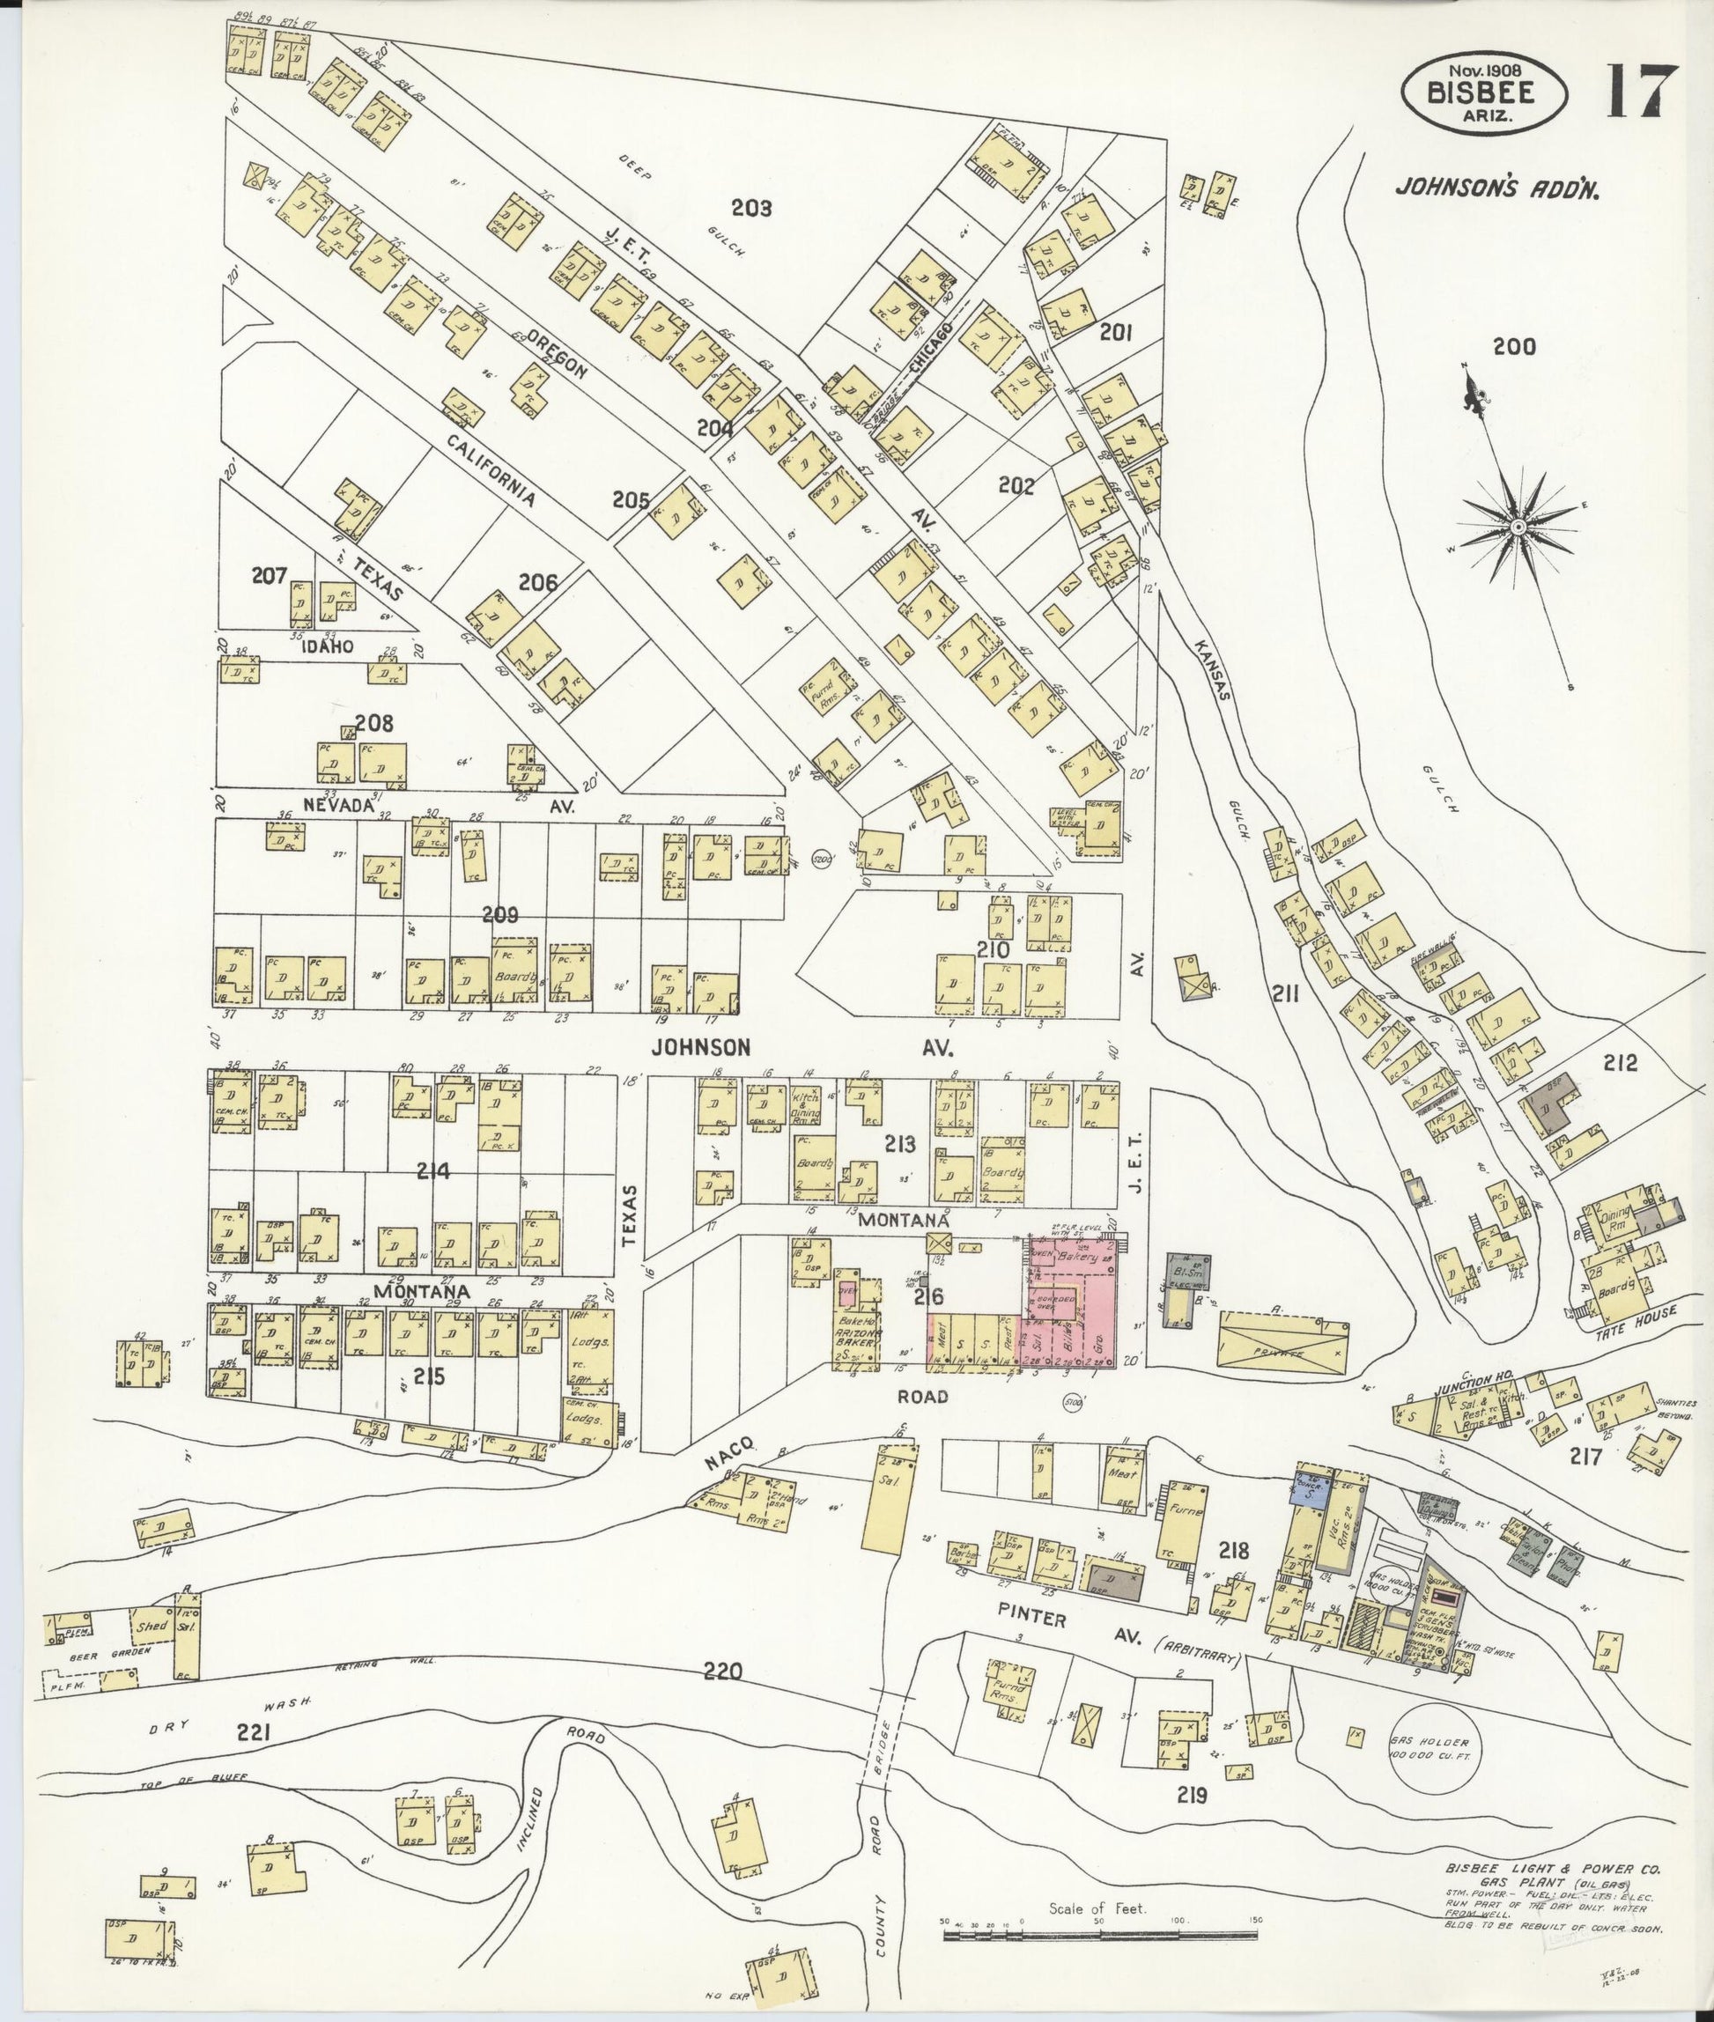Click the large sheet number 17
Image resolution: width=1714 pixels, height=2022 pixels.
pyautogui.click(x=1642, y=92)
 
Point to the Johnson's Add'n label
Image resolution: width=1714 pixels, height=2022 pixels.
pyautogui.click(x=1496, y=187)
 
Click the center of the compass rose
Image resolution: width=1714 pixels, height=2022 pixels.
pyautogui.click(x=1516, y=527)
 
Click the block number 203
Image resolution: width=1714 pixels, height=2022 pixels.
pyautogui.click(x=751, y=207)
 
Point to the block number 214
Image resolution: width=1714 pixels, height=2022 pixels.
pyautogui.click(x=433, y=1172)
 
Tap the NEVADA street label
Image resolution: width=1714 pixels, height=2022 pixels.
pyautogui.click(x=338, y=806)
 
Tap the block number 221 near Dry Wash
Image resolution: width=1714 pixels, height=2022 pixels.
pyautogui.click(x=253, y=1732)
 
